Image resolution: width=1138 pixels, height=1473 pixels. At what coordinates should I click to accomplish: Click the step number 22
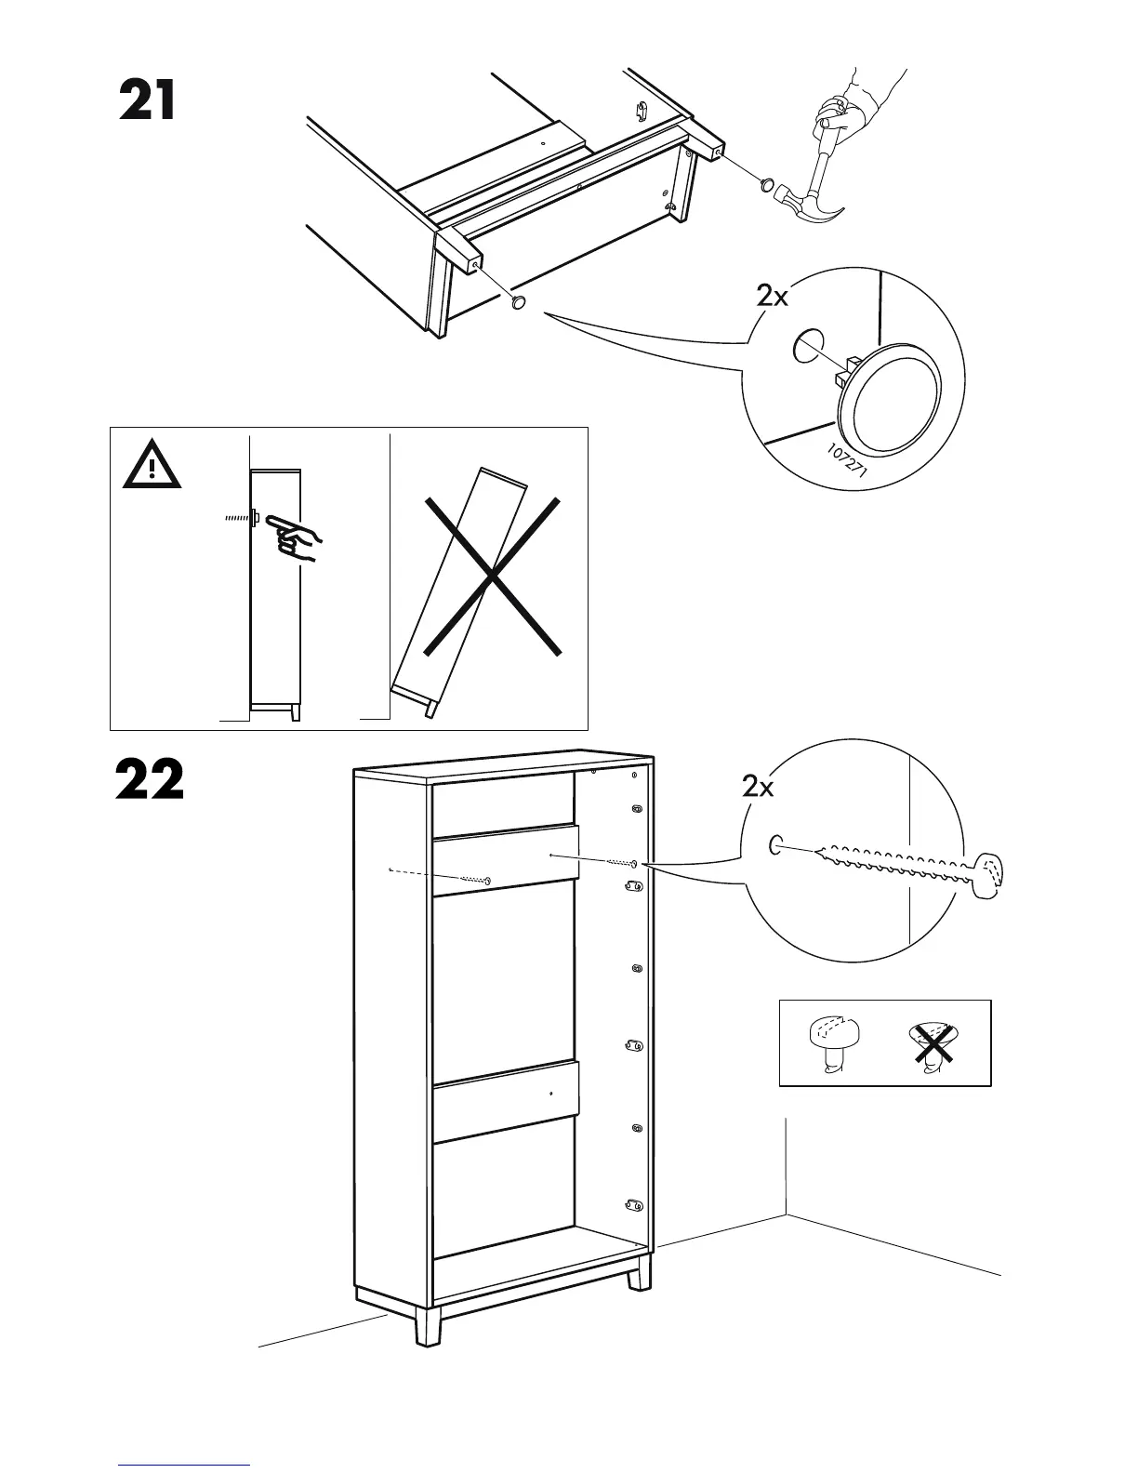[150, 780]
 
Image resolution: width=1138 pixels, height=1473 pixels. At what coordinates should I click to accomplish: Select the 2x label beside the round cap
[772, 297]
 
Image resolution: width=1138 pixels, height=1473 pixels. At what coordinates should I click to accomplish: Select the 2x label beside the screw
[758, 788]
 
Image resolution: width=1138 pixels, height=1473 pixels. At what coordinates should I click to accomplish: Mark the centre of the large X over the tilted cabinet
[493, 577]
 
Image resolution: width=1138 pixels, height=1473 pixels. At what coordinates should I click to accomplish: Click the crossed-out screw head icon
[933, 1043]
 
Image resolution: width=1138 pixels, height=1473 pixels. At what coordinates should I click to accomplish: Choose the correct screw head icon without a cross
[835, 1041]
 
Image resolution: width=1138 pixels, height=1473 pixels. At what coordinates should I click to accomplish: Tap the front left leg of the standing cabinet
[428, 1324]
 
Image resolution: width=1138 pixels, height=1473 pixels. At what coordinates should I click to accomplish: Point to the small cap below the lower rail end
[519, 301]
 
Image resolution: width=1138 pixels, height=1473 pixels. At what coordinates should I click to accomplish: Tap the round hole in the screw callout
[775, 845]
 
